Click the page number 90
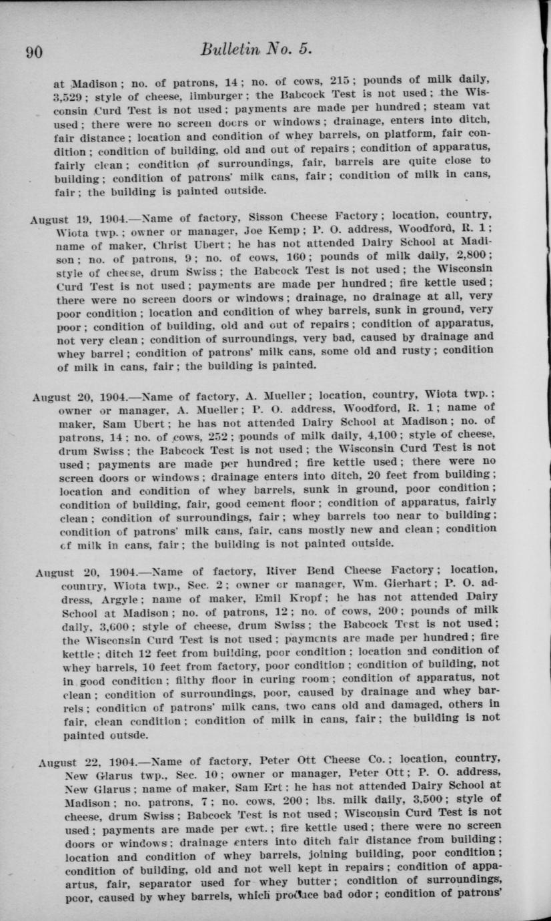pos(33,52)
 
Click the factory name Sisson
pos(267,216)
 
